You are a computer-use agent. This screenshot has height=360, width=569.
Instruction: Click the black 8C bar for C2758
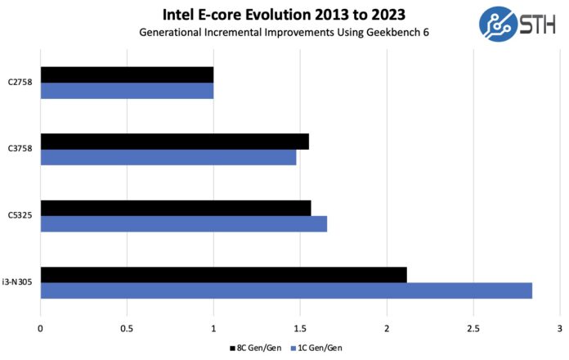(x=127, y=74)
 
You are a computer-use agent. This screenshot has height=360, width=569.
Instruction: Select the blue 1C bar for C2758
(x=127, y=90)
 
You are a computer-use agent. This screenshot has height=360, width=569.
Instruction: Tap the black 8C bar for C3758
(x=174, y=141)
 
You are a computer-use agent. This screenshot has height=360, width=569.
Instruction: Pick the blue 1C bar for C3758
(x=168, y=156)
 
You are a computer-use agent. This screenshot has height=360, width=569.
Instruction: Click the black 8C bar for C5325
(x=175, y=208)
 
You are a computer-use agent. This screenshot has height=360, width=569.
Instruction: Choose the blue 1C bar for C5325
(x=183, y=223)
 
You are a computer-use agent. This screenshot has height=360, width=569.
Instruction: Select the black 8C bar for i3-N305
(x=223, y=275)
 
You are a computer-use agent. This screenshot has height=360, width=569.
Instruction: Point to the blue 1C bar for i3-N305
(x=286, y=290)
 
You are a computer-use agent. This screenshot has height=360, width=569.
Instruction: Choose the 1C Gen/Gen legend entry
(x=311, y=349)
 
